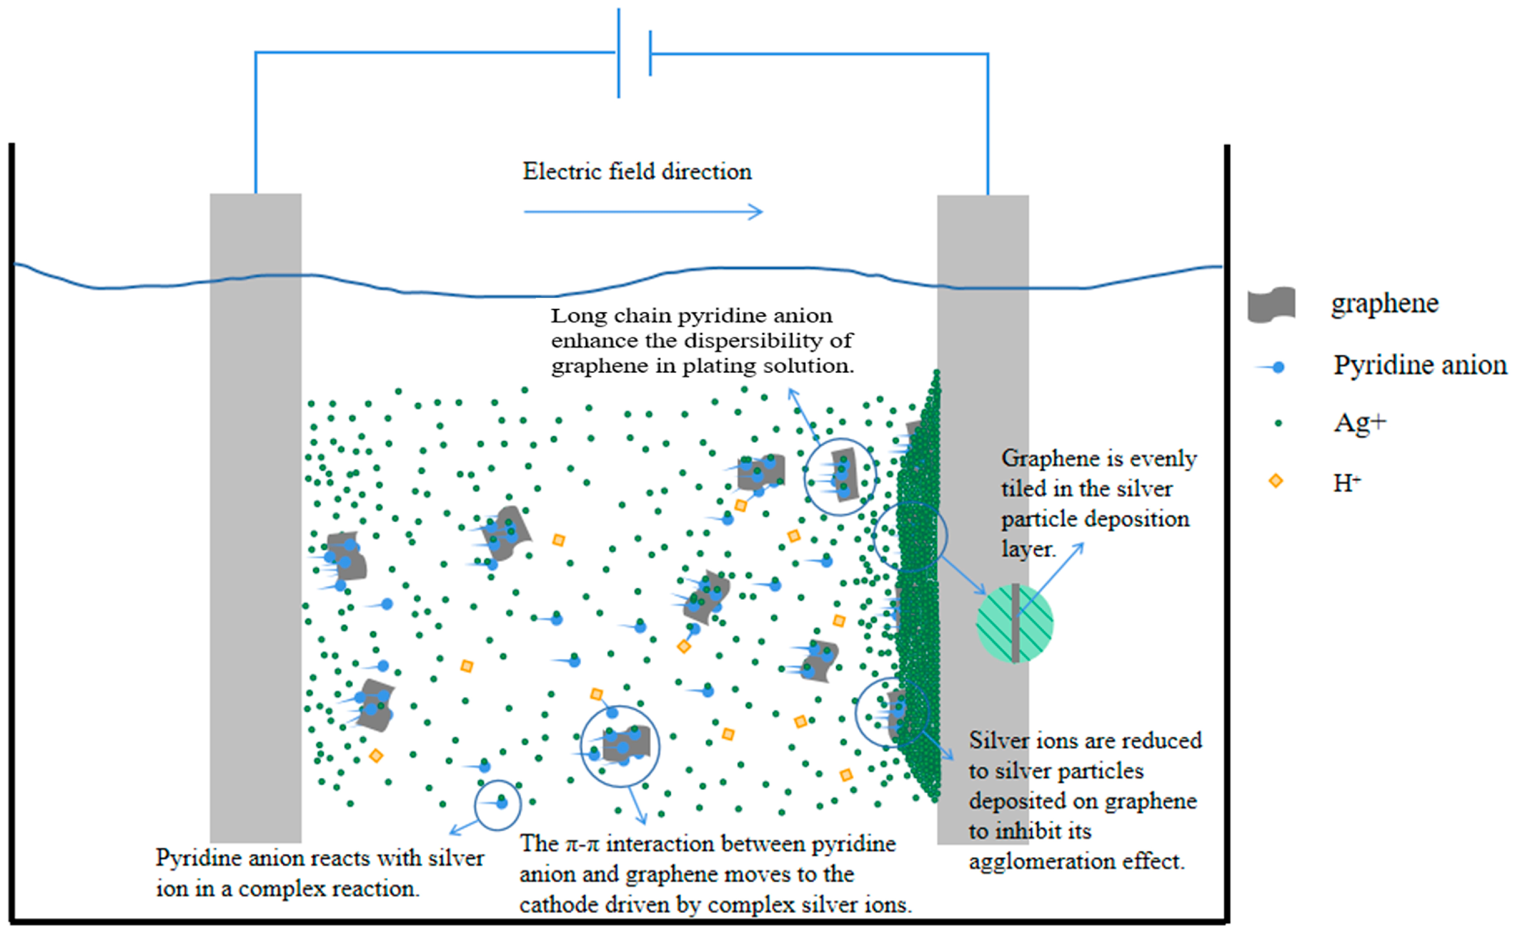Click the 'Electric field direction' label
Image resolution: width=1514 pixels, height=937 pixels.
637,172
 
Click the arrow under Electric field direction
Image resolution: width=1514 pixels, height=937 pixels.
643,212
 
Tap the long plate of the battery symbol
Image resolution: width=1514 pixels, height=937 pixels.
618,53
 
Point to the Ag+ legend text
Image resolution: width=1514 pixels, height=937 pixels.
1359,423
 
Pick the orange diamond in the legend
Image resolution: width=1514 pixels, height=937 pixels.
1275,481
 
